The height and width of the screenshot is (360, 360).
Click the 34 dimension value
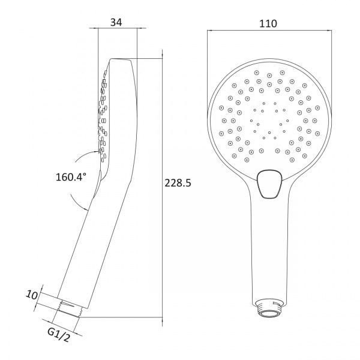tap(116, 22)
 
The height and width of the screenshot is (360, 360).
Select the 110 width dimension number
tap(268, 23)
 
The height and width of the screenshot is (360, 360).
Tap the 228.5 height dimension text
tap(178, 183)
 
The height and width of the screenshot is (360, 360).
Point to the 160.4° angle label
tap(71, 177)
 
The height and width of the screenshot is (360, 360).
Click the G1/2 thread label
tap(58, 335)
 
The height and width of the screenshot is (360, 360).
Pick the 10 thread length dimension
tap(31, 295)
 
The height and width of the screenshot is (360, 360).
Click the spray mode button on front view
tap(269, 184)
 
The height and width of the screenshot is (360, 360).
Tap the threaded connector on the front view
tap(269, 308)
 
